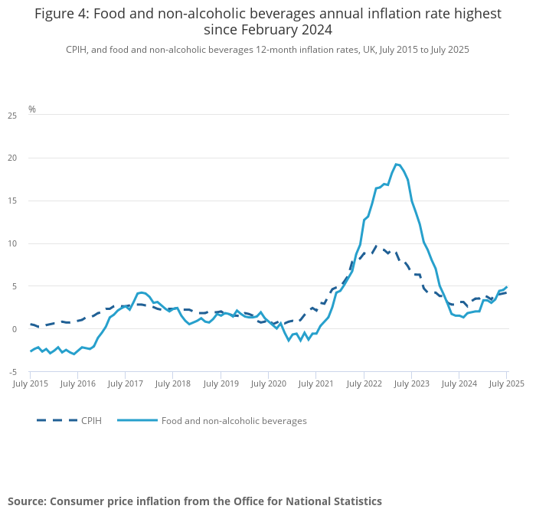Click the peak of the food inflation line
tap(396, 164)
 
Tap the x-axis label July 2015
tap(31, 383)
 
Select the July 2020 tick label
tap(268, 383)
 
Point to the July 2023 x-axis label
tap(410, 383)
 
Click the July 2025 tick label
tap(506, 383)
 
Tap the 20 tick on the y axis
tap(12, 158)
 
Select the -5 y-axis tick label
tap(12, 372)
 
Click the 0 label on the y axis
tap(15, 329)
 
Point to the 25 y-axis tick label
tap(12, 116)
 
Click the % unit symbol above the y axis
tap(32, 109)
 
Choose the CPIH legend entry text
tap(91, 420)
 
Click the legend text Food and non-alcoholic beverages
tap(235, 420)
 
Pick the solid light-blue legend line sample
tap(138, 420)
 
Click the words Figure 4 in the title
tap(61, 14)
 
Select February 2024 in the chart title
tap(267, 30)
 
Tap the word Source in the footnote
tap(27, 501)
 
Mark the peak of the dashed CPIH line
tap(377, 246)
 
